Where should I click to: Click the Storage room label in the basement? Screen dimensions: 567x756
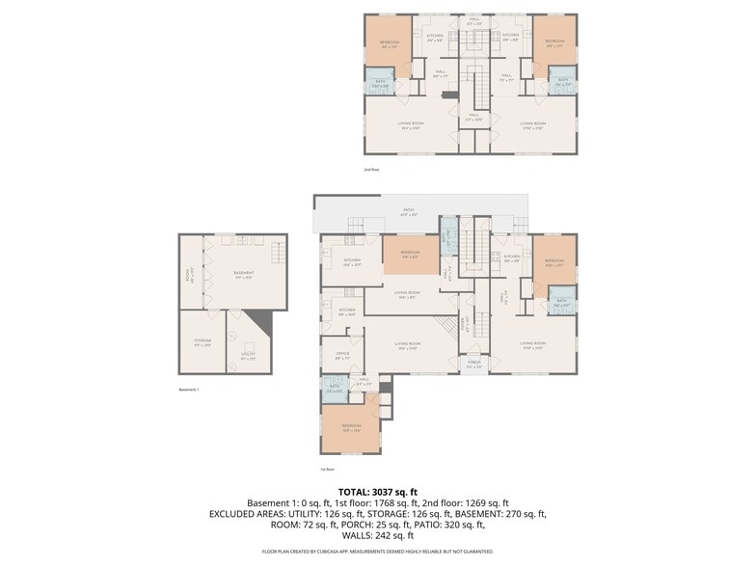202,341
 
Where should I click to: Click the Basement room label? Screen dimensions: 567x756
244,275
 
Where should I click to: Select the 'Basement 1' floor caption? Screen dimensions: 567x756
189,390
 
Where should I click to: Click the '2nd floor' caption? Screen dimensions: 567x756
372,170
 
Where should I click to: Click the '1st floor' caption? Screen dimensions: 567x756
328,470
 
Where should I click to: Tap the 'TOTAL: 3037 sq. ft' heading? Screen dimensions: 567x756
378,492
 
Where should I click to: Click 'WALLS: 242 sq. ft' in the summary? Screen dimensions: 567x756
378,535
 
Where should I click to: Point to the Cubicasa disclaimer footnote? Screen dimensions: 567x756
378,553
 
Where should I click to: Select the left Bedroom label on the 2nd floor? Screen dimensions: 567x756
389,43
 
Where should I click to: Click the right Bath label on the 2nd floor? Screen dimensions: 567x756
562,84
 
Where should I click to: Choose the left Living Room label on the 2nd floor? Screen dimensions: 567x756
412,124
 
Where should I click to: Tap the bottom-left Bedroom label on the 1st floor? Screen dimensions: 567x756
351,427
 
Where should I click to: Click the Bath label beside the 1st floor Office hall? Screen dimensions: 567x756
334,390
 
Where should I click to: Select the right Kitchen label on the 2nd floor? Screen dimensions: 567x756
510,37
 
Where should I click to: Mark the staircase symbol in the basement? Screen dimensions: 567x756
279,255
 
